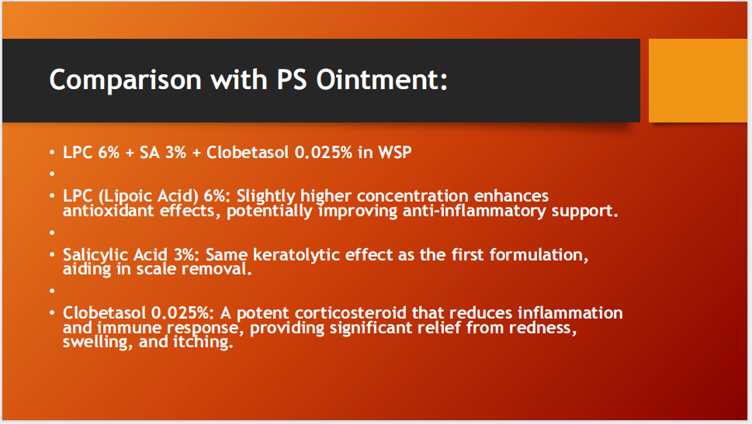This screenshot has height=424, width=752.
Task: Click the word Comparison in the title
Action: pos(125,80)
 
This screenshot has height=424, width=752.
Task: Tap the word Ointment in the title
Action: pos(382,79)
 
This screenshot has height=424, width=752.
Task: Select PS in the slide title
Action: pos(292,79)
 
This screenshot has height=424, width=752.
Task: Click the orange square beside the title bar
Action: pos(698,81)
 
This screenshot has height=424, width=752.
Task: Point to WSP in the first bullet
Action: pos(395,153)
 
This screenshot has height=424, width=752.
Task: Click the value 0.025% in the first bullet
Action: pos(324,153)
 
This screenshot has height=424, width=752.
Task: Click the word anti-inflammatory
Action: pos(474,211)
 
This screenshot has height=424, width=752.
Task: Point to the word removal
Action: pos(217,269)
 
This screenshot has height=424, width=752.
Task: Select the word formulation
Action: pos(539,255)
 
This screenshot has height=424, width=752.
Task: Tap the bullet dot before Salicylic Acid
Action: pos(52,254)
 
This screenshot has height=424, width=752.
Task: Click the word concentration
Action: pos(412,196)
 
